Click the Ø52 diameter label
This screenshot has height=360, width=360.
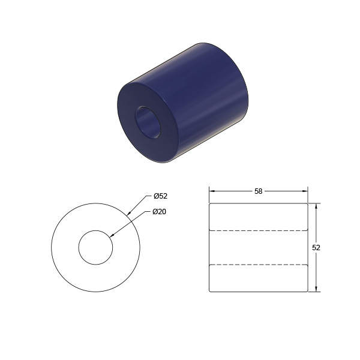pos(161,196)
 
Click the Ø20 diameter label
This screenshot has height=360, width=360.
pos(160,212)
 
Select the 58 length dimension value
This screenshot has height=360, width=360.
pos(258,191)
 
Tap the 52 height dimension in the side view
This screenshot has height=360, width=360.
pos(316,247)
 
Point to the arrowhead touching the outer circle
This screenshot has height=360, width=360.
pos(129,213)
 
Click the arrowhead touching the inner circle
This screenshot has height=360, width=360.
pos(112,235)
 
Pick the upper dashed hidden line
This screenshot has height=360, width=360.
pos(258,230)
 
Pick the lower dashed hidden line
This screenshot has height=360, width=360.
pos(258,265)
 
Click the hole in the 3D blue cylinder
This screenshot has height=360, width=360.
pos(148,122)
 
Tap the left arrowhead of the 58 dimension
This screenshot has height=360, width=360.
pos(212,191)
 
